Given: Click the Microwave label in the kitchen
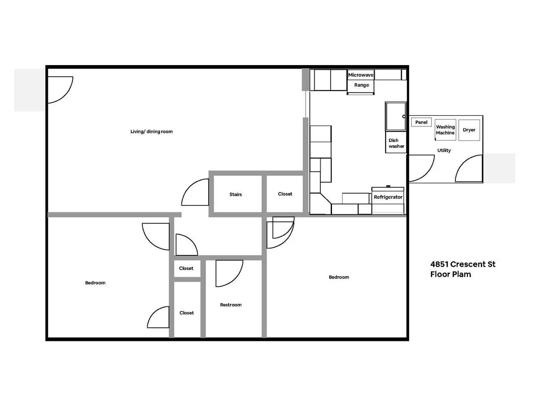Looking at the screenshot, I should [x=361, y=75].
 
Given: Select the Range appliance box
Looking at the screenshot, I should [x=361, y=86].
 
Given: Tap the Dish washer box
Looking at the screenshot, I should [x=396, y=143].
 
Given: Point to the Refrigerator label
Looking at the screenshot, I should [x=388, y=197].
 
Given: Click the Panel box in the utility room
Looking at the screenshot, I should [x=421, y=122].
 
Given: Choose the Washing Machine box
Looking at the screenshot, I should [x=445, y=130].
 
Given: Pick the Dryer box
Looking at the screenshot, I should [x=469, y=130].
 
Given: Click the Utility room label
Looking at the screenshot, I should [x=444, y=151].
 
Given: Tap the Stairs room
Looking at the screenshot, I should [x=236, y=195].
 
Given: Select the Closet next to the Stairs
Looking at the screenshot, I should [x=285, y=194].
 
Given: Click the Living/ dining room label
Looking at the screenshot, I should [x=152, y=132].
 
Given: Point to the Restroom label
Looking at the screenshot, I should [x=231, y=305].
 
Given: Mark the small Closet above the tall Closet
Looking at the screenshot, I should [x=186, y=268].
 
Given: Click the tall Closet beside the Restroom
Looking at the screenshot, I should [x=187, y=313].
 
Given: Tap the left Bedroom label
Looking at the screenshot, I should [x=95, y=283].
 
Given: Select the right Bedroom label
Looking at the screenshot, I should [x=339, y=277].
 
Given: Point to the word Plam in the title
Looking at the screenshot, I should [x=461, y=275].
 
